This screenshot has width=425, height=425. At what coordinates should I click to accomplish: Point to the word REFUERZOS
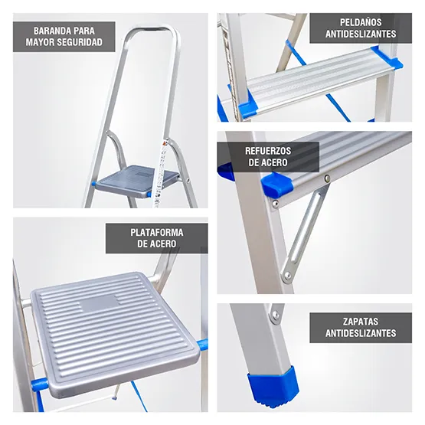(267, 151)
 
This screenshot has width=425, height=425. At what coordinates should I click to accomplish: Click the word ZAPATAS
(360, 322)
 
